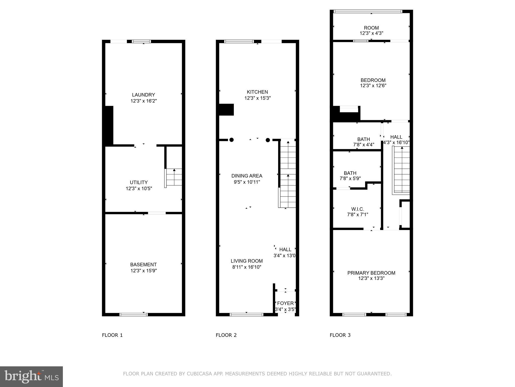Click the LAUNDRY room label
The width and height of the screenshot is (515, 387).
pyautogui.click(x=143, y=95)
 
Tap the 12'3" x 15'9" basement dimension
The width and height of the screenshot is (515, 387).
pyautogui.click(x=144, y=271)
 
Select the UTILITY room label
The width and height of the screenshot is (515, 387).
pyautogui.click(x=139, y=182)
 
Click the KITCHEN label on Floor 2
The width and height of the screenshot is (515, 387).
pyautogui.click(x=257, y=92)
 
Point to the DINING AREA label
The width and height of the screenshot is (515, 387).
pyautogui.click(x=247, y=176)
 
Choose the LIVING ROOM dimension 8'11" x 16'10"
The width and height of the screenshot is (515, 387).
pyautogui.click(x=247, y=267)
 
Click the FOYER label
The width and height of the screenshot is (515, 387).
pyautogui.click(x=285, y=303)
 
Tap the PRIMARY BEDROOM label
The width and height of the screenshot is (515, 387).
pyautogui.click(x=371, y=273)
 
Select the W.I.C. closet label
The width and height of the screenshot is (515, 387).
pyautogui.click(x=358, y=209)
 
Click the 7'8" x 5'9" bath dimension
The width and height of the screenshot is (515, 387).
pyautogui.click(x=350, y=178)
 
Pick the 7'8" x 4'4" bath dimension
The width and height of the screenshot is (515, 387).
pyautogui.click(x=364, y=145)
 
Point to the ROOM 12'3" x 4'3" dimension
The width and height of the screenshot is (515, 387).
pyautogui.click(x=371, y=33)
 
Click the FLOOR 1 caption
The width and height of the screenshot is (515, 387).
pyautogui.click(x=112, y=335)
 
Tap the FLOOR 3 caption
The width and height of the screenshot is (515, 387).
pyautogui.click(x=340, y=335)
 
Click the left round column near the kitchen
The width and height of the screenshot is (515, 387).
pyautogui.click(x=231, y=140)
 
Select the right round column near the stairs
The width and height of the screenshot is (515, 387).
pyautogui.click(x=268, y=140)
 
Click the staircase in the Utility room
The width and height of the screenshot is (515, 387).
pyautogui.click(x=174, y=177)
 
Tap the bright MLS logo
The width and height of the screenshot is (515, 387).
pyautogui.click(x=31, y=376)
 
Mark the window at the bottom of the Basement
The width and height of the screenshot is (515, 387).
pyautogui.click(x=134, y=314)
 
